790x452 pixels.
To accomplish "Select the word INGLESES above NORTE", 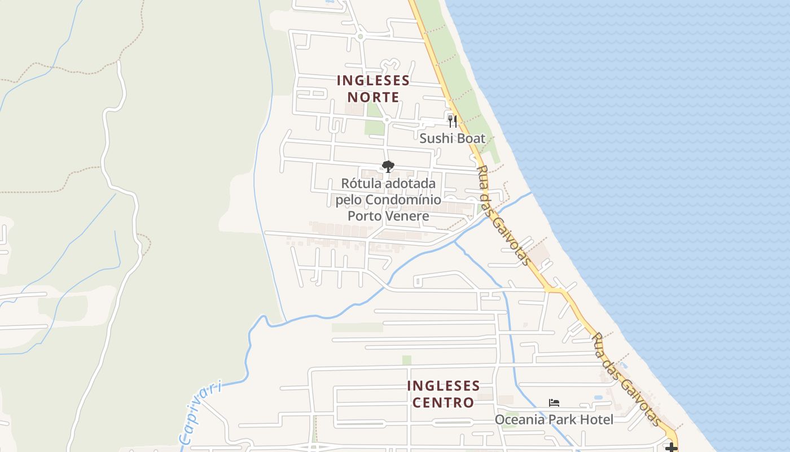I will click(x=373, y=80).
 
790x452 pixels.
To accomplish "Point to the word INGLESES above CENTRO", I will click(x=444, y=386).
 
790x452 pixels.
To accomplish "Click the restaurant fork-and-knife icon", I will click(x=452, y=120).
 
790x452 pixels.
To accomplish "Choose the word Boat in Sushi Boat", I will click(x=470, y=138).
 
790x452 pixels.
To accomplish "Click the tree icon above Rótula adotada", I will click(x=388, y=167).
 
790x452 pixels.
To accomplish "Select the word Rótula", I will click(x=361, y=184).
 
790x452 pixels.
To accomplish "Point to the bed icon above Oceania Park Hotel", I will click(x=554, y=403).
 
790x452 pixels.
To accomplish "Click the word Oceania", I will click(x=520, y=420).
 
